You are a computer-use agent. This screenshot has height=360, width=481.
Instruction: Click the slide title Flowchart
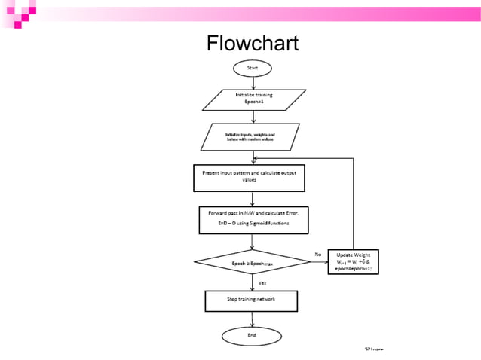coord(252,44)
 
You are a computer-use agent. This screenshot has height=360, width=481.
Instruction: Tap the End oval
coord(252,334)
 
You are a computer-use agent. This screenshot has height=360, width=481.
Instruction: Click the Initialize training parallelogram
coord(254,99)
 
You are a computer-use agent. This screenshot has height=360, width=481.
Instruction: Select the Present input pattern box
coord(254,177)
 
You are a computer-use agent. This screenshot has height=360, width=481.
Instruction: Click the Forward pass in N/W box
coord(253,218)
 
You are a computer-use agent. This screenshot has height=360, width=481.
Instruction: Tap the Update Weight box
coord(354,262)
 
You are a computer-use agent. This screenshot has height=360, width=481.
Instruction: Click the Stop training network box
coord(252,301)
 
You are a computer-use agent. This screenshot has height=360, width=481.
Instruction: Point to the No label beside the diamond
coord(317,254)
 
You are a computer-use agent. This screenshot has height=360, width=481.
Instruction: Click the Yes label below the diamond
coord(262,282)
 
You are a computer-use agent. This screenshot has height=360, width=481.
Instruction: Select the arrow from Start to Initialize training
coord(254,82)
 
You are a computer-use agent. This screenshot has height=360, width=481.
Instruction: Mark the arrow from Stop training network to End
coord(253,319)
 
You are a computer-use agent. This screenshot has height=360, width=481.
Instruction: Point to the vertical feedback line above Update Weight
coord(354,203)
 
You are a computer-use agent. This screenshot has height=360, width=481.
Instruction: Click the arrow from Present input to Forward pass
coord(254,198)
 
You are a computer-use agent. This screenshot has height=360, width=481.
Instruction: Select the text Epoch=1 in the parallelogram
coord(254,102)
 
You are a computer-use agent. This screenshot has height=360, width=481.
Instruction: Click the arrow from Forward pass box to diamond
coord(254,241)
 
